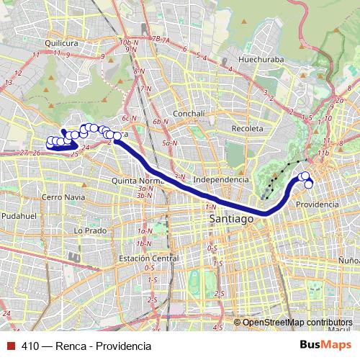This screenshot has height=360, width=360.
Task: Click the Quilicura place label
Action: [x=60, y=43]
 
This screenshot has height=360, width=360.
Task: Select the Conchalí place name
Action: [x=190, y=113]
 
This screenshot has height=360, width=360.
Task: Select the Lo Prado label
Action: [x=90, y=230]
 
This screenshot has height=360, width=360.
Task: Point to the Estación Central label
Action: [x=148, y=258]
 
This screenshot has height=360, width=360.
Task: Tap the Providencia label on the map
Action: [x=317, y=204]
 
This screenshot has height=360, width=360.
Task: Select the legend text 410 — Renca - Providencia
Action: [x=86, y=346]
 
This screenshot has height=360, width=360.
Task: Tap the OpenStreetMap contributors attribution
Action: [x=297, y=322]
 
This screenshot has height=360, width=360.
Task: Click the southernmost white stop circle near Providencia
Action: [x=309, y=184]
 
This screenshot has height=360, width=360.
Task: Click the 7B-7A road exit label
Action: [x=161, y=38]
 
